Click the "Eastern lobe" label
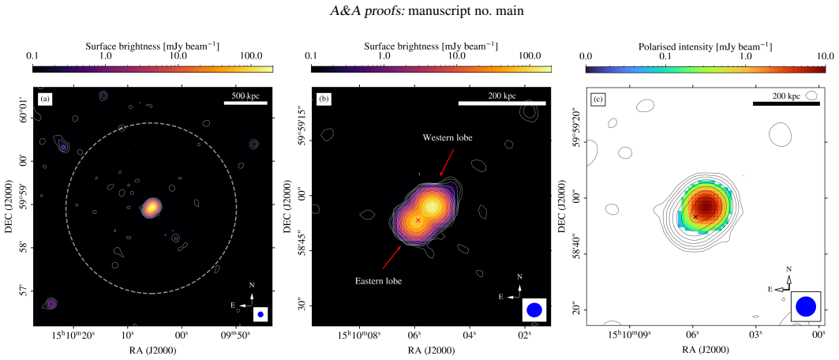(378, 280)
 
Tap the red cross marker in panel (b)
(418, 219)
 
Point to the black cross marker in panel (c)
(695, 216)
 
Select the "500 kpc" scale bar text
(245, 96)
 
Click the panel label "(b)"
(323, 99)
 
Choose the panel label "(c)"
(597, 99)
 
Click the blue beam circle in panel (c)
(805, 306)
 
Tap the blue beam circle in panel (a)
(260, 314)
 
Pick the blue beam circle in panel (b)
(534, 309)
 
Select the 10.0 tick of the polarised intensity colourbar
(825, 55)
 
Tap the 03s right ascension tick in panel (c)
(755, 336)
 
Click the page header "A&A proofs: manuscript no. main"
(419, 12)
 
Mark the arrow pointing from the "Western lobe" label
(447, 162)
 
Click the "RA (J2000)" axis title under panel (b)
(431, 351)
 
